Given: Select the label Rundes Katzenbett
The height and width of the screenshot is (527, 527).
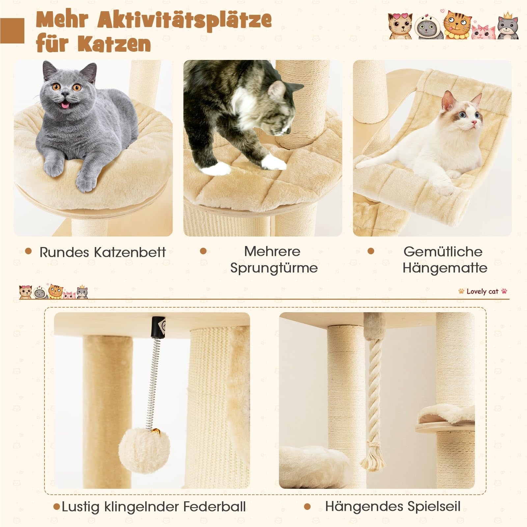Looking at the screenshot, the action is pos(102,252).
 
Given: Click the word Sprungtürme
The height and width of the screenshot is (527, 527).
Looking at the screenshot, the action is pos(274,267).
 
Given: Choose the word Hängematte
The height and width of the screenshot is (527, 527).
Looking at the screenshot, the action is pos(445,267).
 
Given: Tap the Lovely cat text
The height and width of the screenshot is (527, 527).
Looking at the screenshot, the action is pos(483,291).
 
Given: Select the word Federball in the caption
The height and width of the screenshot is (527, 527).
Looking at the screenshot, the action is pos(215,506).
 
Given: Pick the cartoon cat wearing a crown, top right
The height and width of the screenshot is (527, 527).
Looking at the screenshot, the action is pos(507,26).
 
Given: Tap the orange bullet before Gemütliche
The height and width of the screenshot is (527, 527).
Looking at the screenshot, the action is pos(371,252).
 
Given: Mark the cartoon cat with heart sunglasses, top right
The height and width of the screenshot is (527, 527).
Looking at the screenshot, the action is pos(400,26).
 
